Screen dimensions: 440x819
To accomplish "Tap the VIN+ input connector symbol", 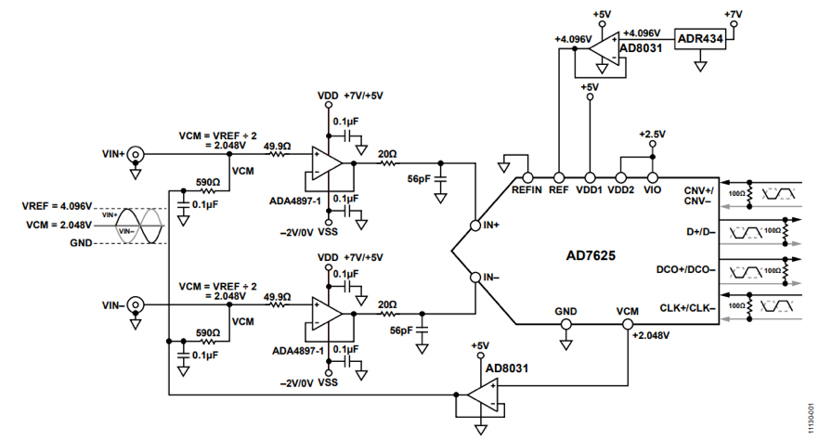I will click(136, 154).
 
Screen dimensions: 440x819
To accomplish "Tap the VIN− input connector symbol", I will click(136, 304).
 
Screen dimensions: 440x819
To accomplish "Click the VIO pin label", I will click(653, 190).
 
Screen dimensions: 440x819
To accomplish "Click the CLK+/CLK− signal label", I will click(689, 307).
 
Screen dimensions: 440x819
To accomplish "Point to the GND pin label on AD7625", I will click(565, 312).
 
